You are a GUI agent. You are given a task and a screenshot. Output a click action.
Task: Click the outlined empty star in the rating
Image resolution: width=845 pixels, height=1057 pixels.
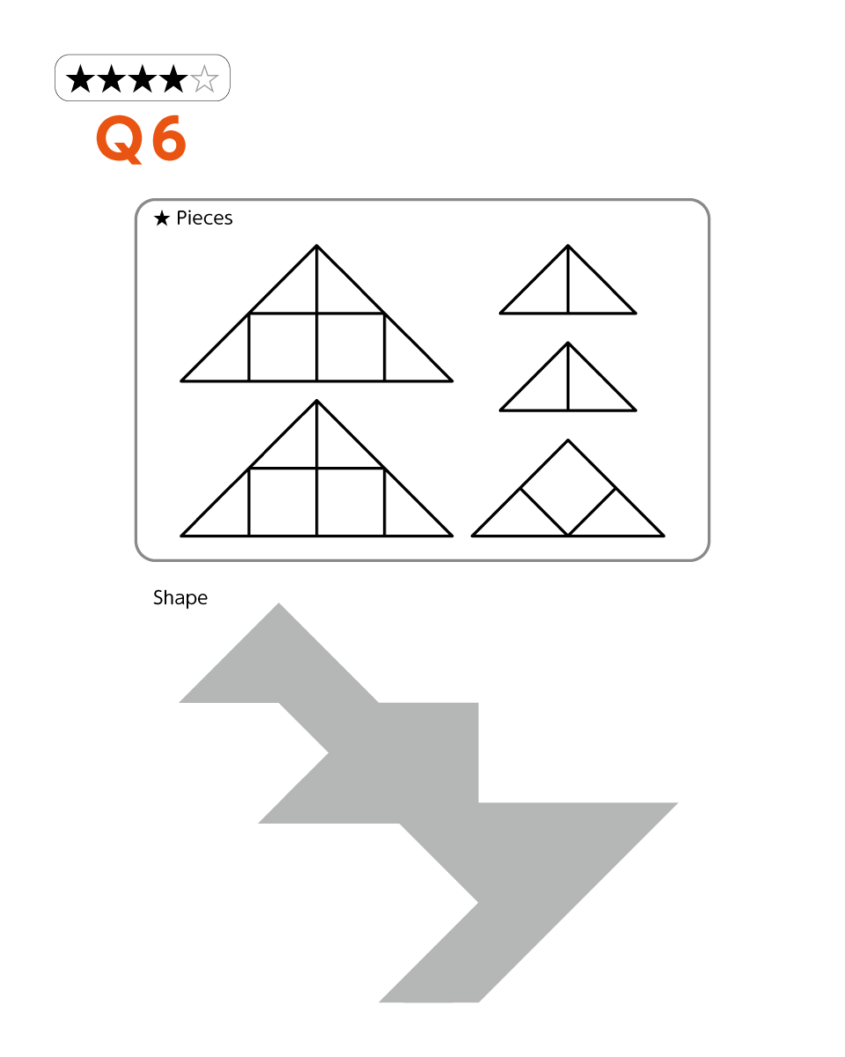(x=204, y=78)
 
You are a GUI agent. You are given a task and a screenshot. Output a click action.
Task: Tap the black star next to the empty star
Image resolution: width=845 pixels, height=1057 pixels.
(x=173, y=78)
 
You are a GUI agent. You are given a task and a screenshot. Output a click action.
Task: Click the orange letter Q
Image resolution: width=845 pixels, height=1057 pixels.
(x=120, y=139)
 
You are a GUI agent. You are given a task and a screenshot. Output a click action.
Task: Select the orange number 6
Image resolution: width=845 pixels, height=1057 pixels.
(x=169, y=138)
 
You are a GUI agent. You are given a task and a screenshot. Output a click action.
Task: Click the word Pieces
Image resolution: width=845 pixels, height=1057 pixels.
(x=204, y=218)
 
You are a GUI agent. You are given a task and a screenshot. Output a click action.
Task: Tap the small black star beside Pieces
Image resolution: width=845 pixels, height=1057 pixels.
(x=162, y=218)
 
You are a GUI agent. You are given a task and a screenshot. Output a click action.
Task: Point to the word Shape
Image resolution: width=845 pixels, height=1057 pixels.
(x=180, y=598)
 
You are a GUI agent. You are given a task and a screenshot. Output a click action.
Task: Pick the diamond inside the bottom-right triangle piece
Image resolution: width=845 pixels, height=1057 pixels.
(x=568, y=488)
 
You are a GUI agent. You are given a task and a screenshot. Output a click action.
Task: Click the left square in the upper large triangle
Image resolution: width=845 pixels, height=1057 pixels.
(x=283, y=347)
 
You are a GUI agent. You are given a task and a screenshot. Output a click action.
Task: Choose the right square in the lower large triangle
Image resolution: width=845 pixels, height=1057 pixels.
(x=350, y=502)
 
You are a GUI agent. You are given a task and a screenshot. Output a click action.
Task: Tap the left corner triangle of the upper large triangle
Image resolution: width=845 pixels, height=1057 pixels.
(x=226, y=358)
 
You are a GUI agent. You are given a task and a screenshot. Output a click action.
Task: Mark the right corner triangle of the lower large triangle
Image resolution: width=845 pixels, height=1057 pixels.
(x=407, y=514)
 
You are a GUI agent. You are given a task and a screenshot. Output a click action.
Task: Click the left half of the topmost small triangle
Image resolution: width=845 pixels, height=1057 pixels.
(x=545, y=291)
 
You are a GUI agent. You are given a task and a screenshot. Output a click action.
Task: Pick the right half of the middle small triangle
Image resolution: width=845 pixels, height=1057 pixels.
(x=591, y=388)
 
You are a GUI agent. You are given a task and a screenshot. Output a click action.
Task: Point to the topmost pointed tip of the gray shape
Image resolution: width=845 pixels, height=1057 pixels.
(x=278, y=603)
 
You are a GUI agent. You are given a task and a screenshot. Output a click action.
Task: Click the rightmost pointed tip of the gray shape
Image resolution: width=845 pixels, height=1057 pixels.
(x=678, y=803)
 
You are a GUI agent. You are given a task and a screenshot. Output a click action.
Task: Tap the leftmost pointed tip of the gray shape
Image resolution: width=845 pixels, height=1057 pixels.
(x=180, y=702)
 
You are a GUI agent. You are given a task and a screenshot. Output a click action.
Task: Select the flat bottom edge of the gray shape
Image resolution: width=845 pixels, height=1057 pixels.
(x=429, y=1002)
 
